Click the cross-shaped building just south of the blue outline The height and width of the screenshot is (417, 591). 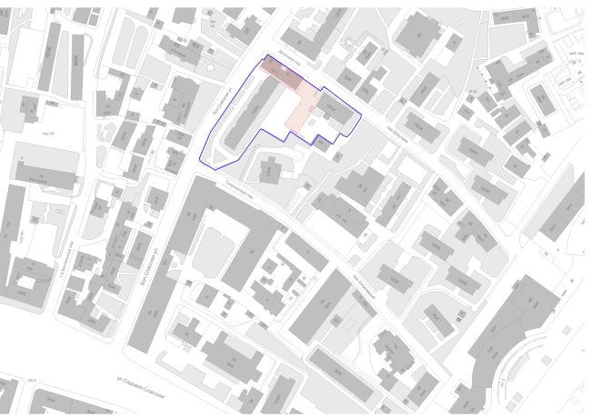pyautogui.click(x=272, y=169)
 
